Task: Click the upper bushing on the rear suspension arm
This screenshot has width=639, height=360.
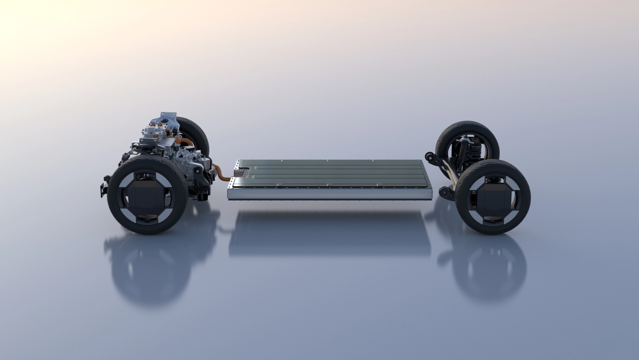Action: pyautogui.click(x=429, y=156)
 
